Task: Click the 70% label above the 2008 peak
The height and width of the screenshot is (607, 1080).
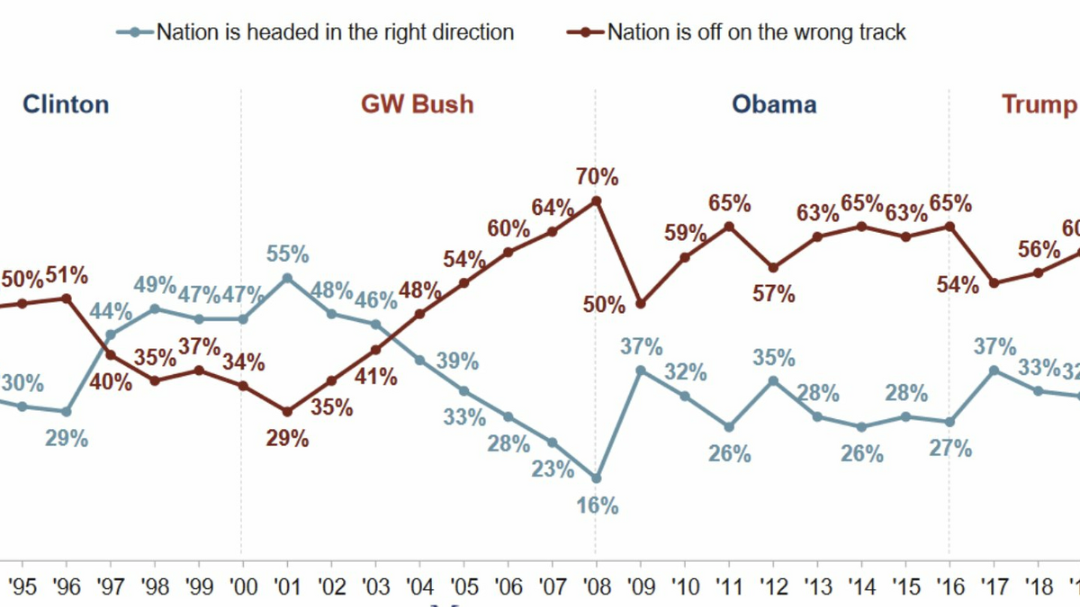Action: point(598,176)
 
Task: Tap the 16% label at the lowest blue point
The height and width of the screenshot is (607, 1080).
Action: point(598,505)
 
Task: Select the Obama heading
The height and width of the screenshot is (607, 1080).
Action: point(774,104)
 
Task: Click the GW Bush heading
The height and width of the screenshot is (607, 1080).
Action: point(417,104)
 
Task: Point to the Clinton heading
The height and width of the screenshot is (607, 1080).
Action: point(66,104)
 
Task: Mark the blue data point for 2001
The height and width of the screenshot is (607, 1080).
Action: point(287,278)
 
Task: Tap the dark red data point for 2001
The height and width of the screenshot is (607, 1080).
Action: point(287,412)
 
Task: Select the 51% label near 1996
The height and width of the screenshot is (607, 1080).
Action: point(68,273)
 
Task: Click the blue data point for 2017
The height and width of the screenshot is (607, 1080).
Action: point(994,370)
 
